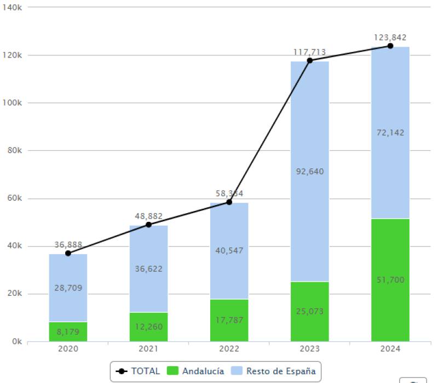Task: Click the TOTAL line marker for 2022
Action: click(x=229, y=202)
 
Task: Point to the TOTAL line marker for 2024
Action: click(x=390, y=46)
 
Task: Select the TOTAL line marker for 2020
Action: click(x=68, y=253)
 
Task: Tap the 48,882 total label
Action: click(x=148, y=216)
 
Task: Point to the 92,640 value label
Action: click(x=309, y=172)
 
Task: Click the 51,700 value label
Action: click(x=390, y=280)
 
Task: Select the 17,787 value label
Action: click(x=229, y=320)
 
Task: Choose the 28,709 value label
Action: click(x=68, y=288)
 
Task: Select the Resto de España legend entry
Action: click(x=275, y=371)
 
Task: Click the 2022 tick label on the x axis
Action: click(x=229, y=349)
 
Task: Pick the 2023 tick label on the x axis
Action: click(x=309, y=349)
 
